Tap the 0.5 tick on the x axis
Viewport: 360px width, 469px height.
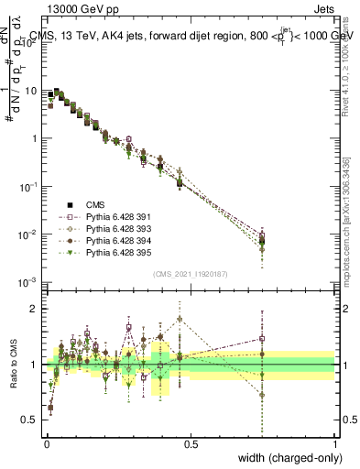(x=191, y=443)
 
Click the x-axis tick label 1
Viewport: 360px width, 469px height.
(x=335, y=443)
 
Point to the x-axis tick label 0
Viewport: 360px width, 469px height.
(x=47, y=443)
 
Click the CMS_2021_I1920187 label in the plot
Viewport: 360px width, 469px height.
(x=191, y=273)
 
